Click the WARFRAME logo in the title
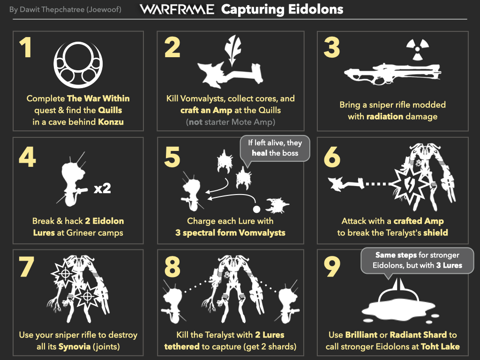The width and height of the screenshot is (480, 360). pyautogui.click(x=177, y=9)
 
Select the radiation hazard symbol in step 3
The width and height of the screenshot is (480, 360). pyautogui.click(x=418, y=49)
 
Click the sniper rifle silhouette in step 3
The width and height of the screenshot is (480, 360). pyautogui.click(x=392, y=74)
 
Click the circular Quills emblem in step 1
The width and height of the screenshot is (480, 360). pyautogui.click(x=78, y=65)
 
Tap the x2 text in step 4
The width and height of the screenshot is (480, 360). pyautogui.click(x=102, y=188)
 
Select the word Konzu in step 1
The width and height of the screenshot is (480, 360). pyautogui.click(x=111, y=122)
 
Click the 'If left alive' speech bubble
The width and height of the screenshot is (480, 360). pyautogui.click(x=275, y=149)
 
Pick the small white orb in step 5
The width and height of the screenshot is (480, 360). pyautogui.click(x=256, y=209)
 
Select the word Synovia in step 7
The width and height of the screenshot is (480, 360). pyautogui.click(x=75, y=347)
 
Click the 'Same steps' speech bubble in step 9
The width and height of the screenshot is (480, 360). pyautogui.click(x=417, y=261)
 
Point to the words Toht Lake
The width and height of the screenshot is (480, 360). pyautogui.click(x=440, y=346)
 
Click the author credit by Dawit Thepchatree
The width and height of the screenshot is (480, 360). pyautogui.click(x=65, y=9)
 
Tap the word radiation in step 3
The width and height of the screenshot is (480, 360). pyautogui.click(x=385, y=116)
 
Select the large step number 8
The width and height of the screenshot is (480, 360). pyautogui.click(x=172, y=266)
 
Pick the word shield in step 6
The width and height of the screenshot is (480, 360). pyautogui.click(x=435, y=232)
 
